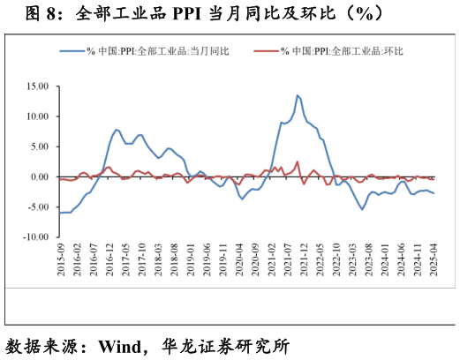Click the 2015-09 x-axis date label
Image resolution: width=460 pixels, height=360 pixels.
point(60,260)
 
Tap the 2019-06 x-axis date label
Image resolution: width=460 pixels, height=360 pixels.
point(207,260)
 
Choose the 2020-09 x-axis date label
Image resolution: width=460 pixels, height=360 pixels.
point(256,260)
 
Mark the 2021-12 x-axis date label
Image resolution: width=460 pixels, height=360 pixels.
point(304,260)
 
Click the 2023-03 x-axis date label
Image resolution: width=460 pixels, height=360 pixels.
point(353,260)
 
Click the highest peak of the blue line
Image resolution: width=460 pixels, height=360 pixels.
point(298,95)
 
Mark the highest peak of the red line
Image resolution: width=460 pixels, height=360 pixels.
point(298,161)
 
